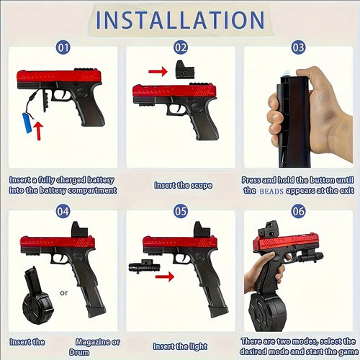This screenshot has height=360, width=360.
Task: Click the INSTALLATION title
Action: pos(180,19)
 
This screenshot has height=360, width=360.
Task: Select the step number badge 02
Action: pos(181,49)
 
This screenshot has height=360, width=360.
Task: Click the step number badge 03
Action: pos(298,49)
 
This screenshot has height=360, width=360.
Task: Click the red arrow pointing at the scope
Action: pos(157,71)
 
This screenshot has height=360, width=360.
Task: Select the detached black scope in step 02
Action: pos(183,70)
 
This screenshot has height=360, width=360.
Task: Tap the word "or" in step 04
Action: pos(64,292)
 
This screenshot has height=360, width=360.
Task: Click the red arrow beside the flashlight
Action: pos(166,276)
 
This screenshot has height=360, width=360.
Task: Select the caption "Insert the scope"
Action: pos(183,185)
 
